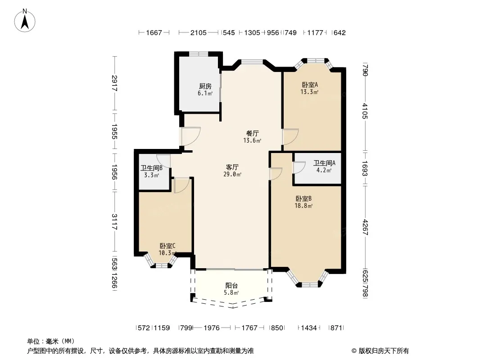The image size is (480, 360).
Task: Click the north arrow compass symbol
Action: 25,21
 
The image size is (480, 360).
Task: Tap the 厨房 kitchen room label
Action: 205,86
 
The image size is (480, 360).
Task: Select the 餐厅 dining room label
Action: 252,133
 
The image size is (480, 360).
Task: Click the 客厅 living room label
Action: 232,167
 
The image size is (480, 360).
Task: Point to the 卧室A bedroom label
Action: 310,85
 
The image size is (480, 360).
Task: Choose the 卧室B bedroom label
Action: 303,198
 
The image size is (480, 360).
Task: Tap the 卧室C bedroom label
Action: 168,246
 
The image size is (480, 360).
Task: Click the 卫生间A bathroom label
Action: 324,163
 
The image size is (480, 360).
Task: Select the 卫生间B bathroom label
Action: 151,168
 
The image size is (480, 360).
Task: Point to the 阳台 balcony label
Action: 231,285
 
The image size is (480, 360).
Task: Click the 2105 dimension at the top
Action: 199,32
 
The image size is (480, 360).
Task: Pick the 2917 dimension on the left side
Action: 114,83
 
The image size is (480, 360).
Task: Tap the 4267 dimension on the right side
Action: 365,228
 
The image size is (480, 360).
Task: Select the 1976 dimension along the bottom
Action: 212,328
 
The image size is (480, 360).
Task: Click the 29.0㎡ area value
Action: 232,174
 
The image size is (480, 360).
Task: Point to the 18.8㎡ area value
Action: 303,206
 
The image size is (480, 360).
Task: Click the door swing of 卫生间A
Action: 299,167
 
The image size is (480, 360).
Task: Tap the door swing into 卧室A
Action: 290,137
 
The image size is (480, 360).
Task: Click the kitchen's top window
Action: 199,54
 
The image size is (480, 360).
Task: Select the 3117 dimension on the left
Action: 114,222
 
